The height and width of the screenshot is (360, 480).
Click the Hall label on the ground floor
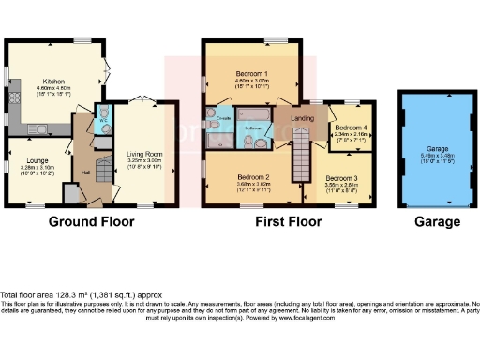click(84, 172)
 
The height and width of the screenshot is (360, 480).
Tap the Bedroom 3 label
click(342, 177)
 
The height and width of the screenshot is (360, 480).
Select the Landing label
click(303, 117)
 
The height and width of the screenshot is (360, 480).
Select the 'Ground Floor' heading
click(91, 222)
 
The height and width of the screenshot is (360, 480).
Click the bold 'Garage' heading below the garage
click(437, 222)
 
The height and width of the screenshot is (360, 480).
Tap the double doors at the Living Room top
click(142, 99)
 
